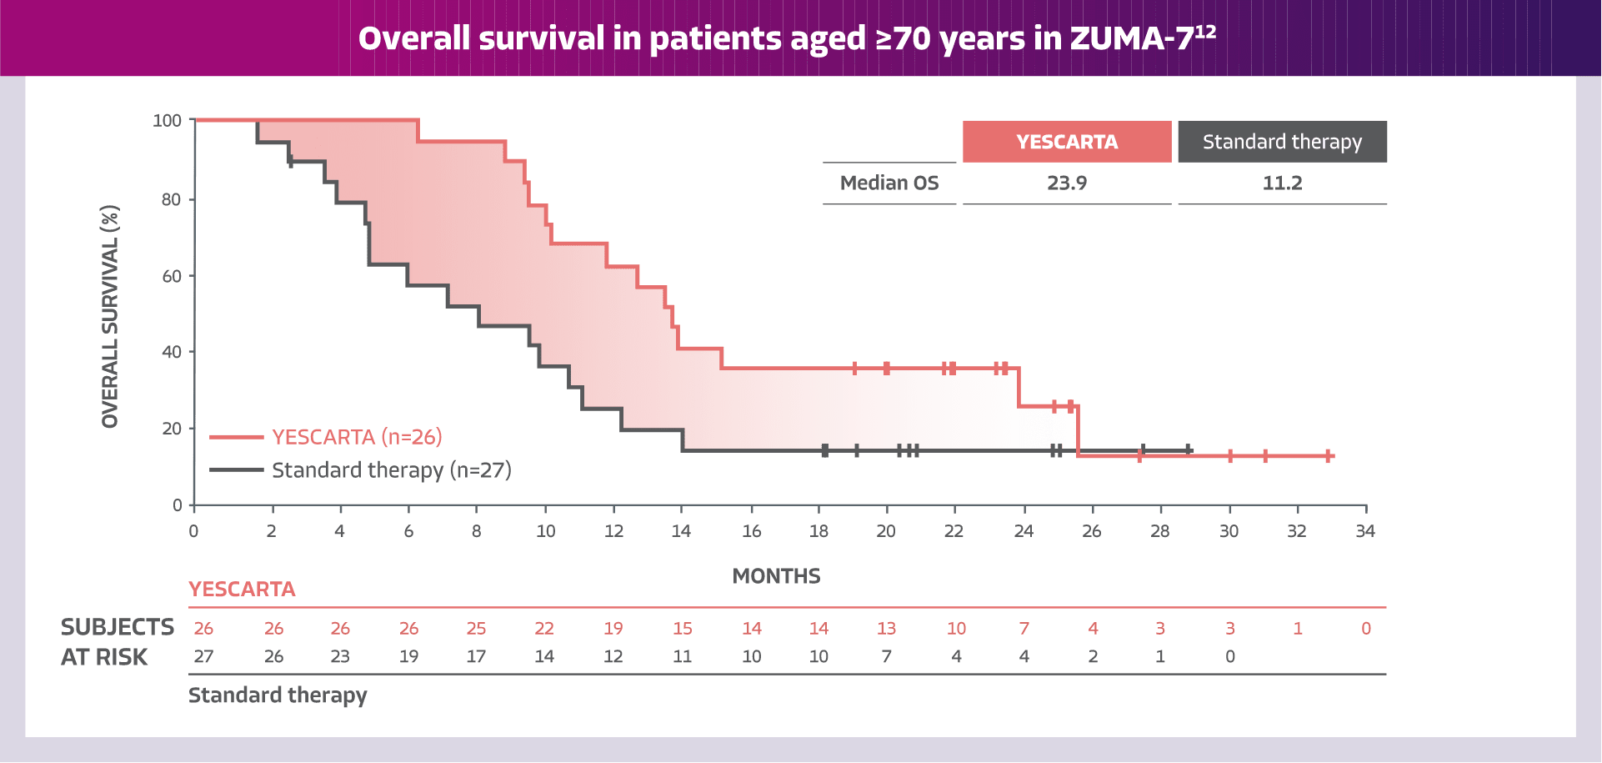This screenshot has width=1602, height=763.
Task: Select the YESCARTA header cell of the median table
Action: point(1066,142)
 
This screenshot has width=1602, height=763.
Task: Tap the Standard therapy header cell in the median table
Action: point(1281,142)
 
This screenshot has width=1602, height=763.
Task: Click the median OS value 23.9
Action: point(1066,183)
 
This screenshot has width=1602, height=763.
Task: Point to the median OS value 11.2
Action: point(1281,183)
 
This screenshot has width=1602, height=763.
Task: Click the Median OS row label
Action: point(889,183)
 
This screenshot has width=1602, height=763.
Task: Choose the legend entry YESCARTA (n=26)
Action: point(356,437)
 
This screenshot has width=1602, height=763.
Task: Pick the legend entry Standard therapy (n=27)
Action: point(391,470)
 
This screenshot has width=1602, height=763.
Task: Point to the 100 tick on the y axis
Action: point(167,121)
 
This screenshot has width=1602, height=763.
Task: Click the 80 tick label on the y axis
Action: point(170,200)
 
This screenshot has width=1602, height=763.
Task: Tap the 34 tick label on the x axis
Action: point(1364,531)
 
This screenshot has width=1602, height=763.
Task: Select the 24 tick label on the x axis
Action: point(1024,531)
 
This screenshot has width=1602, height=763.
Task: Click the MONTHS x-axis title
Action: point(776,576)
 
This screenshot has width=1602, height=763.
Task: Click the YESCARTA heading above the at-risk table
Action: point(242,590)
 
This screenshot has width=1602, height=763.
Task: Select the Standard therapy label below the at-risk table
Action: point(278,695)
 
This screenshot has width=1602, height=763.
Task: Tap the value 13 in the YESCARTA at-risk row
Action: point(886,629)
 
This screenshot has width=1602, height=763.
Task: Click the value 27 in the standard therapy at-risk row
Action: point(203,657)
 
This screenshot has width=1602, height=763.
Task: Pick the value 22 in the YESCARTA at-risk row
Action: point(543,629)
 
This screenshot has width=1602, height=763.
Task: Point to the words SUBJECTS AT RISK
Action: point(117,642)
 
